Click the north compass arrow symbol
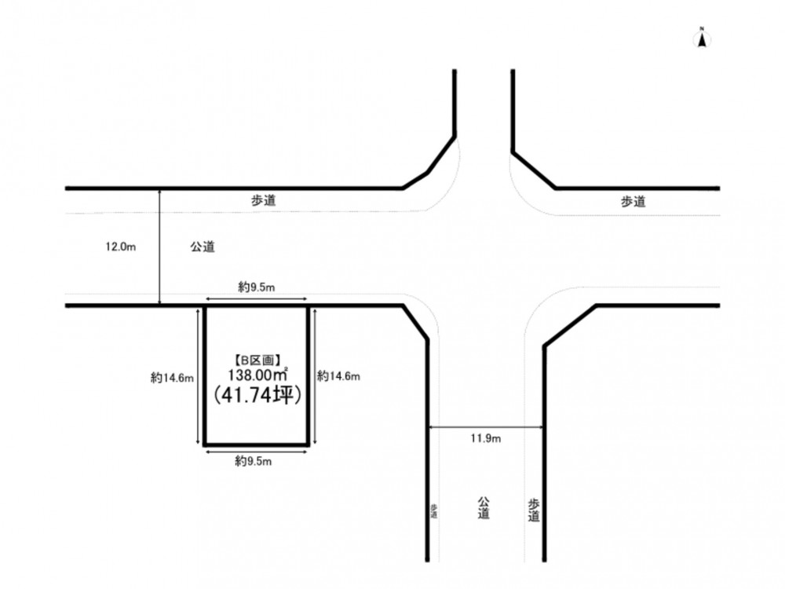(703, 39)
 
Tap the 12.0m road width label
(121, 247)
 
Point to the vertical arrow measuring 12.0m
(159, 247)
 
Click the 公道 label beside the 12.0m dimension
(203, 247)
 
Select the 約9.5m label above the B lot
(257, 287)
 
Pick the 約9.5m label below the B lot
(254, 461)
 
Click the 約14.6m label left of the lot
(172, 378)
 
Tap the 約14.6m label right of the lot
(339, 375)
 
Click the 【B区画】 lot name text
(257, 360)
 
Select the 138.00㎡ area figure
(257, 375)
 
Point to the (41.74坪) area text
(257, 395)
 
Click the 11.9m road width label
(486, 438)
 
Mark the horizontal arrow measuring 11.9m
(486, 427)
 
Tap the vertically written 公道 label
(483, 508)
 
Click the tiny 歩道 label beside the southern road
(433, 511)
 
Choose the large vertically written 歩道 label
(534, 510)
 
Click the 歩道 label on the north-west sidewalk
(263, 200)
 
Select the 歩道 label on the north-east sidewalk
(633, 201)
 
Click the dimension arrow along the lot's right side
(315, 377)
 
